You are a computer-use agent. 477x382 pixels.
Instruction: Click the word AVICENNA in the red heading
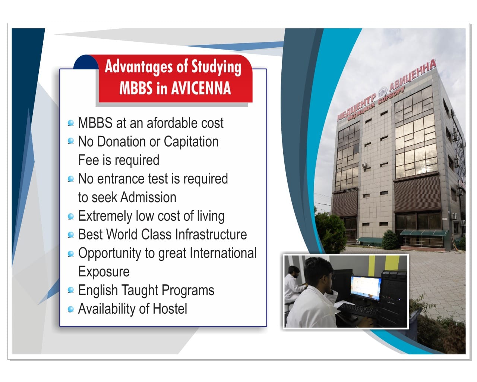pos(201,88)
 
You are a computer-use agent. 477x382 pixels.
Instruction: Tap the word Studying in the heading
pos(216,67)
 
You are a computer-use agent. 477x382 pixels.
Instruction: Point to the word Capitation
pos(191,142)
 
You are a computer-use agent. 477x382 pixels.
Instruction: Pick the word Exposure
pos(104,272)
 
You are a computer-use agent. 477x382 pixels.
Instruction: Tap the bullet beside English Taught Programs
pos(71,290)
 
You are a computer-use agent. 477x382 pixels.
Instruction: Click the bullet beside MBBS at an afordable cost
pos(71,123)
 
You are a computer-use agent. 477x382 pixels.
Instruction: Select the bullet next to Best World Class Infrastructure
pos(71,234)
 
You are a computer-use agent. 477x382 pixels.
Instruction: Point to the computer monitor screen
pos(366,288)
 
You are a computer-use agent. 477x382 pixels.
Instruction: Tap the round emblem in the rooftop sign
pos(382,92)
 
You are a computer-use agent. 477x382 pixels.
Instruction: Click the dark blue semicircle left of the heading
pos(86,62)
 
